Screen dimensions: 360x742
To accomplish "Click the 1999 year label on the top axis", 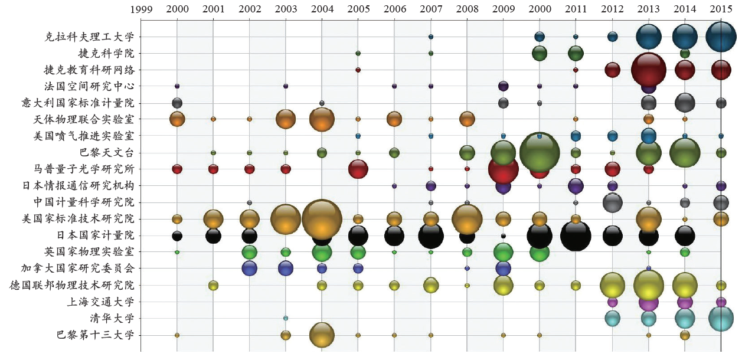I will [140, 9].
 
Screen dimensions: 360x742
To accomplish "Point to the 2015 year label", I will [721, 9].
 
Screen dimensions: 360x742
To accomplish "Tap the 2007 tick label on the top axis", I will [430, 9].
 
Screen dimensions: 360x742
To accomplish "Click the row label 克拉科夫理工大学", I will [90, 37].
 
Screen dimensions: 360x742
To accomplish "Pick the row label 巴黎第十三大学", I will [96, 335].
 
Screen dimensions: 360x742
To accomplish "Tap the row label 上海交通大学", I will [102, 302].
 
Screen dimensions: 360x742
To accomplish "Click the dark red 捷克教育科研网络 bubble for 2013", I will [649, 70].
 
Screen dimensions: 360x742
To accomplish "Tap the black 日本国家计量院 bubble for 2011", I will [576, 236].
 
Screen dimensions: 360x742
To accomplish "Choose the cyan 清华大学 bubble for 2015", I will [721, 319].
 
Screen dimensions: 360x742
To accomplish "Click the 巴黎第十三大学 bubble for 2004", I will [322, 335].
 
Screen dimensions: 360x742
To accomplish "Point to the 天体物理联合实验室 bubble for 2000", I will [177, 119].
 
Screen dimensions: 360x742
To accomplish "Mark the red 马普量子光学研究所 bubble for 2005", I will [358, 169].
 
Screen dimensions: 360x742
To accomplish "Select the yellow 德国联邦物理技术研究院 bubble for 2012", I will [612, 285].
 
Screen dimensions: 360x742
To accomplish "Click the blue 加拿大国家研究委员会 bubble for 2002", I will [250, 268].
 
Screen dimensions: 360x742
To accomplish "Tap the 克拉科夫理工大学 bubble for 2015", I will [721, 37].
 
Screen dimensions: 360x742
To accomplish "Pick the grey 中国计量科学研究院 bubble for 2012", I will [612, 202].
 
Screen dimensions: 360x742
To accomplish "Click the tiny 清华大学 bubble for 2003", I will [286, 318].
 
